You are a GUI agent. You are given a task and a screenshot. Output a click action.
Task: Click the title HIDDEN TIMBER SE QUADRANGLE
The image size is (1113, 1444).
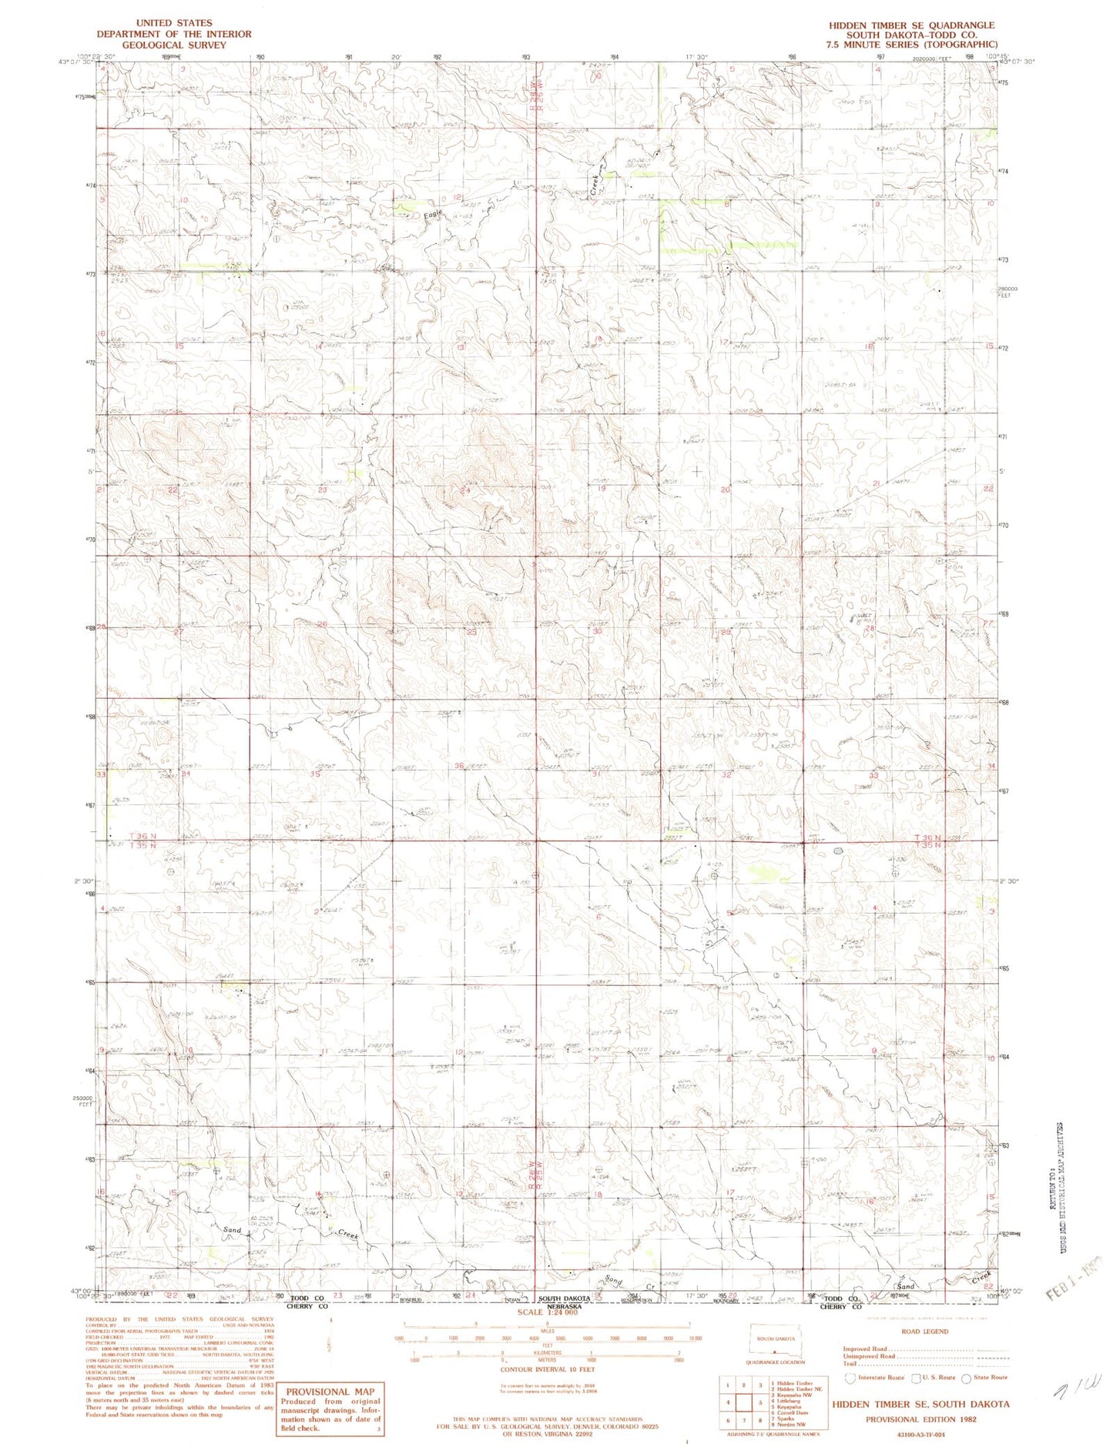pyautogui.click(x=911, y=25)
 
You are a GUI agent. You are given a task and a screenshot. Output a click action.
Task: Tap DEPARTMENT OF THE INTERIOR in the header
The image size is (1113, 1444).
pyautogui.click(x=173, y=34)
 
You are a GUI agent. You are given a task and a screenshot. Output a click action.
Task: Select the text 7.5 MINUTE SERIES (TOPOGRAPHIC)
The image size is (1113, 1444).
pyautogui.click(x=911, y=45)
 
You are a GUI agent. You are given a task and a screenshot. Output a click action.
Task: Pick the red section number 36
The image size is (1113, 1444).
pyautogui.click(x=459, y=765)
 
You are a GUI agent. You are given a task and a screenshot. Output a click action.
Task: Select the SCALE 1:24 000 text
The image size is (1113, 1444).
pyautogui.click(x=547, y=1312)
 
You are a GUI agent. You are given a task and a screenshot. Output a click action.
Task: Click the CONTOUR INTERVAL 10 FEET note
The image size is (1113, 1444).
pyautogui.click(x=547, y=1369)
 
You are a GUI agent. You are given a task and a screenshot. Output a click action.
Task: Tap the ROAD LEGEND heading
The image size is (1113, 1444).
pyautogui.click(x=924, y=1331)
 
